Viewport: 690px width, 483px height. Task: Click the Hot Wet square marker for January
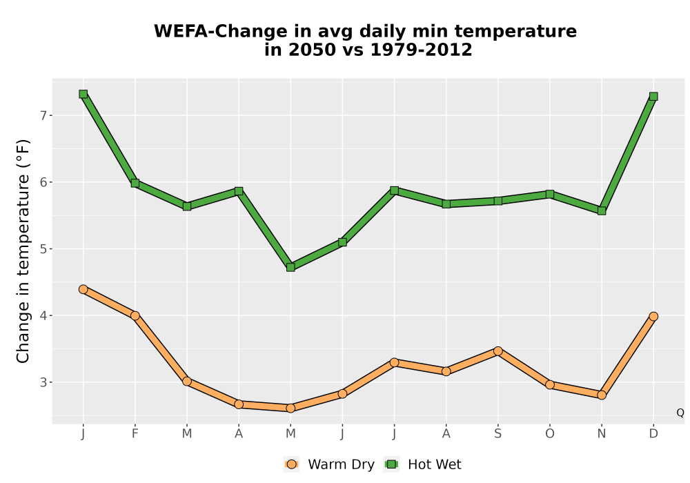pyautogui.click(x=83, y=94)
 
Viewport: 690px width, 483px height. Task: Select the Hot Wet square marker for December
pyautogui.click(x=653, y=97)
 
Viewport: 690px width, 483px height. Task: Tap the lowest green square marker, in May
pyautogui.click(x=290, y=267)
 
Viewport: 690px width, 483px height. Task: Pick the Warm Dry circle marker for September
pyautogui.click(x=497, y=351)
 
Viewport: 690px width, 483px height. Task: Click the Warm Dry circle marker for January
pyautogui.click(x=83, y=289)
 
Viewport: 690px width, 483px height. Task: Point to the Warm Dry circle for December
pyautogui.click(x=653, y=316)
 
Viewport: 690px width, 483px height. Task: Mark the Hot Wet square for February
pyautogui.click(x=135, y=183)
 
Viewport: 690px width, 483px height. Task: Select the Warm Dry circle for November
pyautogui.click(x=602, y=395)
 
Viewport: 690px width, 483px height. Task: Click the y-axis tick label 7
pyautogui.click(x=43, y=116)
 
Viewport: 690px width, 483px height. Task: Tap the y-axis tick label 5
pyautogui.click(x=43, y=249)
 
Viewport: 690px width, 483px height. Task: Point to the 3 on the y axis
pyautogui.click(x=43, y=382)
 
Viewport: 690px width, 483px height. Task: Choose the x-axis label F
pyautogui.click(x=135, y=434)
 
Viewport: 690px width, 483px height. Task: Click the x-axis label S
pyautogui.click(x=497, y=434)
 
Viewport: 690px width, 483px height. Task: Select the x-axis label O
pyautogui.click(x=550, y=434)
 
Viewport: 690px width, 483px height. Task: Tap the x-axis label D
pyautogui.click(x=653, y=434)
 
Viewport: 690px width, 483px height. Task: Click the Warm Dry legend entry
pyautogui.click(x=329, y=464)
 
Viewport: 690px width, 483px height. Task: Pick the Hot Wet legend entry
pyautogui.click(x=423, y=464)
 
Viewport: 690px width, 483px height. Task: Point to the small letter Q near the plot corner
pyautogui.click(x=680, y=413)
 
